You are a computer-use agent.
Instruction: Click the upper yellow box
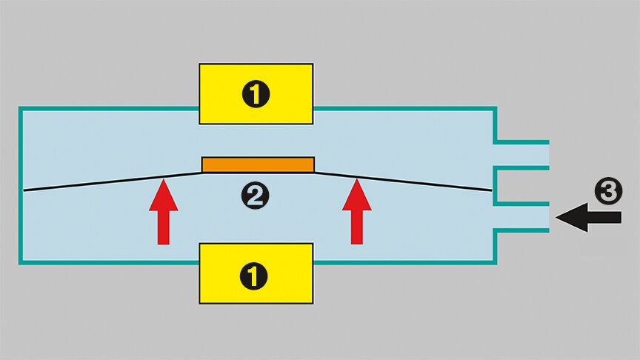pos(256,93)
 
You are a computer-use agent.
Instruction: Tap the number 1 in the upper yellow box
pos(256,94)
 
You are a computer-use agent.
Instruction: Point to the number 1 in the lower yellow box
pos(256,276)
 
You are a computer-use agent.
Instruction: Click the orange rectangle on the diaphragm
pos(258,164)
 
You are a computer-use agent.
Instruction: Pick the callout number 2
pos(256,196)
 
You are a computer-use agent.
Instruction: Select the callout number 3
pos(607,192)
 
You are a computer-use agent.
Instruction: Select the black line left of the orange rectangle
pos(111,182)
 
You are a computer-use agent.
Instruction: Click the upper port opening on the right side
pos(523,154)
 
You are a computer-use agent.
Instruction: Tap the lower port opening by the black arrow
pos(523,216)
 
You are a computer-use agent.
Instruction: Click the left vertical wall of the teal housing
pos(20,185)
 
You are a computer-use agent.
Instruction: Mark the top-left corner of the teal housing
pos(20,108)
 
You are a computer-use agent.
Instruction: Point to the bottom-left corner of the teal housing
pos(20,262)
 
